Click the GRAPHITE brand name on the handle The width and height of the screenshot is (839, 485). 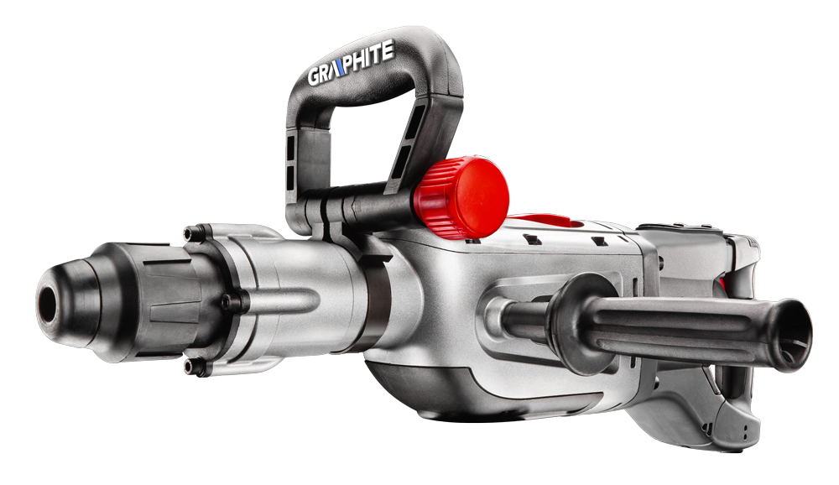[351, 63]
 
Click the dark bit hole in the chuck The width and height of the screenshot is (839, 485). [48, 305]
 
